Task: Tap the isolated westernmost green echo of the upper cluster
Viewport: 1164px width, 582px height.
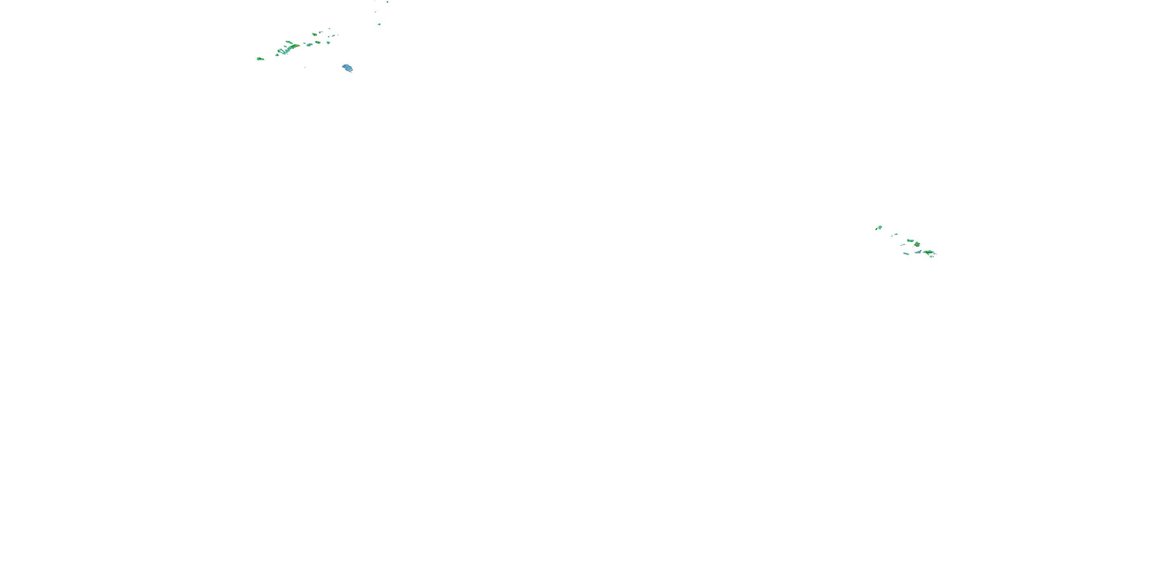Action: click(260, 59)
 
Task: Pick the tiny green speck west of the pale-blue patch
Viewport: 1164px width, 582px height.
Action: click(305, 68)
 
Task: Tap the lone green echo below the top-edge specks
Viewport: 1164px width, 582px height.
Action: click(379, 24)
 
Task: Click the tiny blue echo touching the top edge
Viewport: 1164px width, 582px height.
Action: click(388, 2)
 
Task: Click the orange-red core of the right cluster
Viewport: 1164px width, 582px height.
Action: click(917, 244)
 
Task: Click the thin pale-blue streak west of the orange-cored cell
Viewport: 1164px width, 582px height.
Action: click(903, 245)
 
